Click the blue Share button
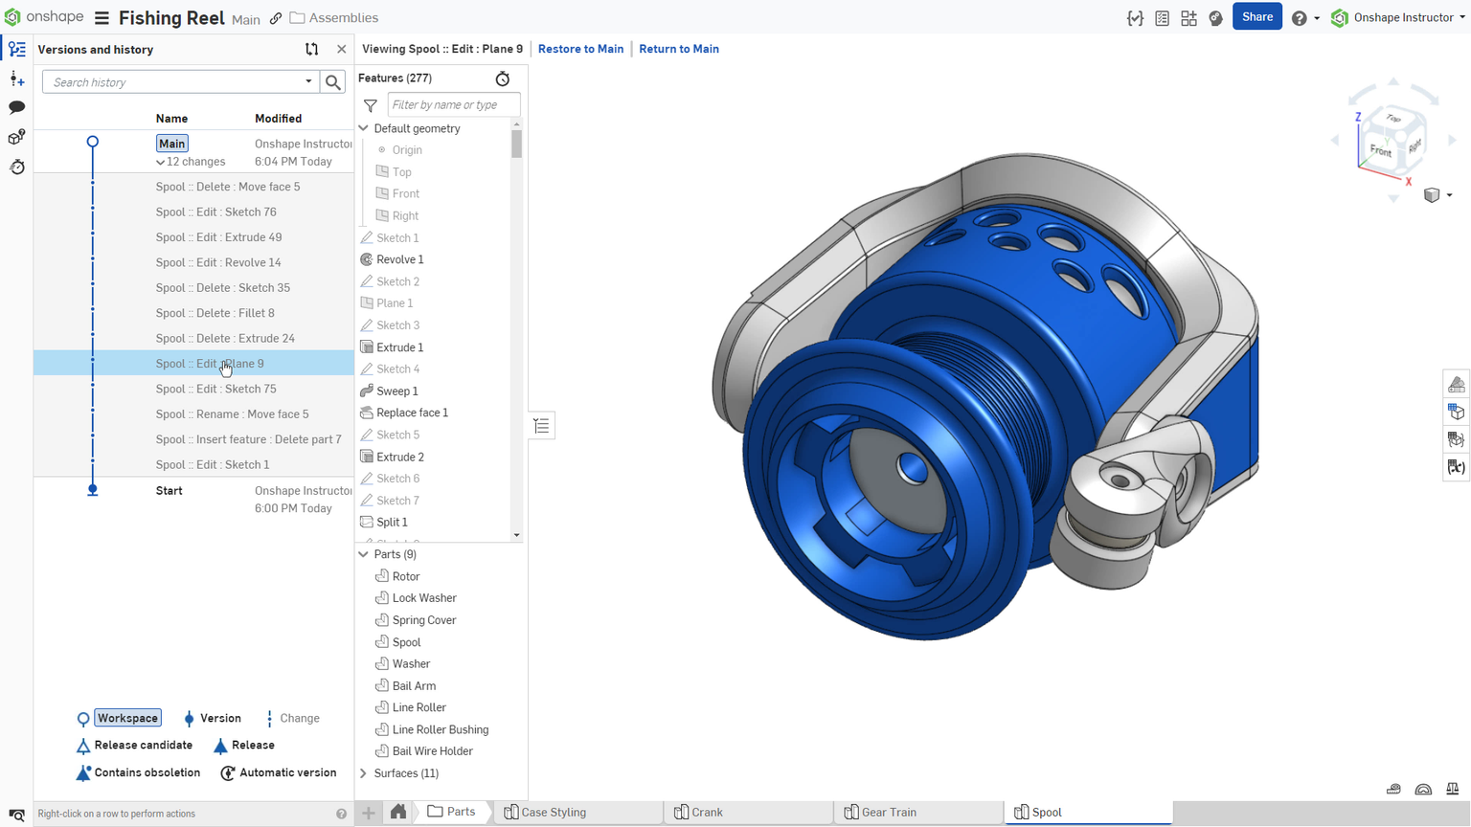click(1256, 17)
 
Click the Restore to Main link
click(580, 49)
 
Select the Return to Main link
click(678, 49)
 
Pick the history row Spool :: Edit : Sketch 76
click(215, 212)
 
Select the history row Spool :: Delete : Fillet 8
click(215, 313)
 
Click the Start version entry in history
click(170, 491)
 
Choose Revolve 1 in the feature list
click(399, 259)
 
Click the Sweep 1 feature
click(396, 391)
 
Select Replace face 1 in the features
click(412, 413)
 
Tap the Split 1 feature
click(392, 523)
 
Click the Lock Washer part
click(424, 598)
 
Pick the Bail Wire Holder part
click(432, 751)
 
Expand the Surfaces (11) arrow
click(364, 773)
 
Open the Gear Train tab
click(888, 813)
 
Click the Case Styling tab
click(553, 813)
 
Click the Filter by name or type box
click(453, 105)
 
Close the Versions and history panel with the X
click(342, 50)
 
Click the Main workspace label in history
click(172, 144)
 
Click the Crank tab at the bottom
click(706, 813)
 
